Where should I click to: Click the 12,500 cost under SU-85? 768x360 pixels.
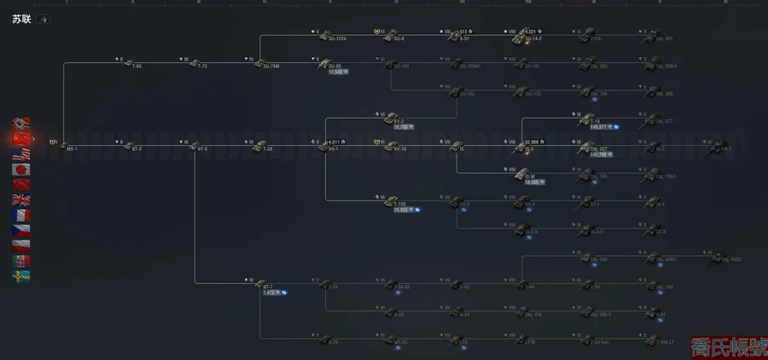tap(337, 72)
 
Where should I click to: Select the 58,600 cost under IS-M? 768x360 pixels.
tap(535, 182)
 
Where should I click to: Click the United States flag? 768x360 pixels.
tap(21, 154)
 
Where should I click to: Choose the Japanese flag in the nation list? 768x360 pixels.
tap(21, 169)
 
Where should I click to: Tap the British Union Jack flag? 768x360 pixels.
tap(21, 200)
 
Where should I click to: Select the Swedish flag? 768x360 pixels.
tap(21, 276)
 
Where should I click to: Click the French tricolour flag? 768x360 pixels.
tap(21, 215)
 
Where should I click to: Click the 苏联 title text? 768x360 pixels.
tap(20, 18)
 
